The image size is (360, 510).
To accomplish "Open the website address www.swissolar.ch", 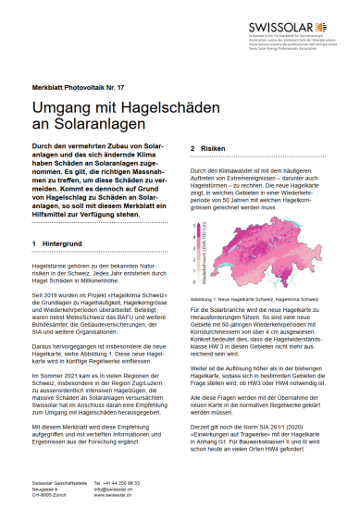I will (x=135, y=497).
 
